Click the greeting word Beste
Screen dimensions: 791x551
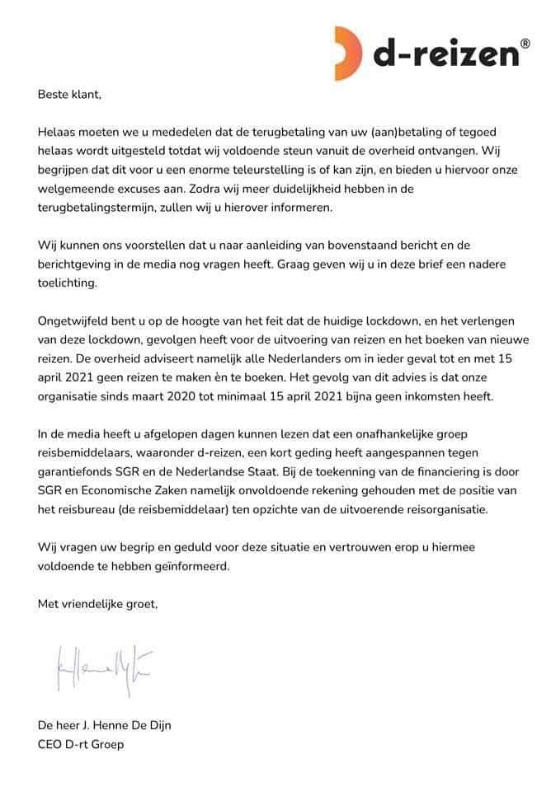tap(54, 94)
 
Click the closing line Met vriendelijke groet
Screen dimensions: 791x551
tap(97, 604)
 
